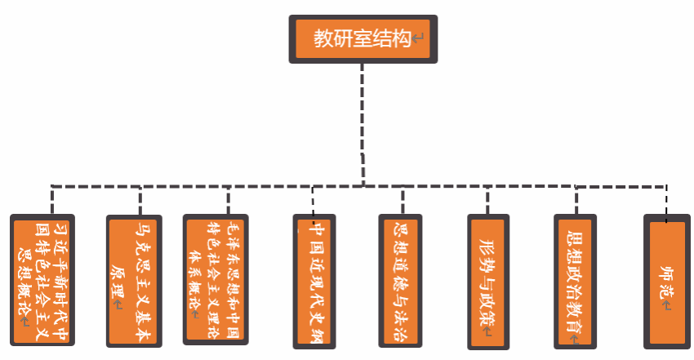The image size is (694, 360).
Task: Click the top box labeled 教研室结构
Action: (363, 39)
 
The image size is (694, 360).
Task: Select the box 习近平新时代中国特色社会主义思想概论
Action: (42, 280)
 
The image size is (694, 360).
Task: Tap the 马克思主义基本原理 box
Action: (134, 282)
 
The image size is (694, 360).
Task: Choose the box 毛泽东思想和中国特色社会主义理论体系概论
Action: (216, 279)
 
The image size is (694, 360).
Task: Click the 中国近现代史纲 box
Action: (314, 282)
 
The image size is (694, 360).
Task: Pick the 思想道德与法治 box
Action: (400, 282)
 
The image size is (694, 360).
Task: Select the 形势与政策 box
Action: (488, 282)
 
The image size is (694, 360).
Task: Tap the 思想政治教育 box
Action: (575, 282)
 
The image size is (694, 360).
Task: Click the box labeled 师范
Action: (666, 282)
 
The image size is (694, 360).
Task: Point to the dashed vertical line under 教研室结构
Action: (363, 125)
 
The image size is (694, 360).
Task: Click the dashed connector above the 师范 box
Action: (666, 204)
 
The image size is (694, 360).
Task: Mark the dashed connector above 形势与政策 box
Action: (487, 200)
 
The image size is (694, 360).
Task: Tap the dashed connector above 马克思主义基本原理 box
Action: (140, 201)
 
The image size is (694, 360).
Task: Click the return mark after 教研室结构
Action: (417, 38)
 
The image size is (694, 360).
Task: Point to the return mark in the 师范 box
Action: (666, 305)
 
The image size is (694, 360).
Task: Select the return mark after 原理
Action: (118, 304)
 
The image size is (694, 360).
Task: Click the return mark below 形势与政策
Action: (487, 331)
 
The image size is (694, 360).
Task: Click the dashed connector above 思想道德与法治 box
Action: (403, 200)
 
